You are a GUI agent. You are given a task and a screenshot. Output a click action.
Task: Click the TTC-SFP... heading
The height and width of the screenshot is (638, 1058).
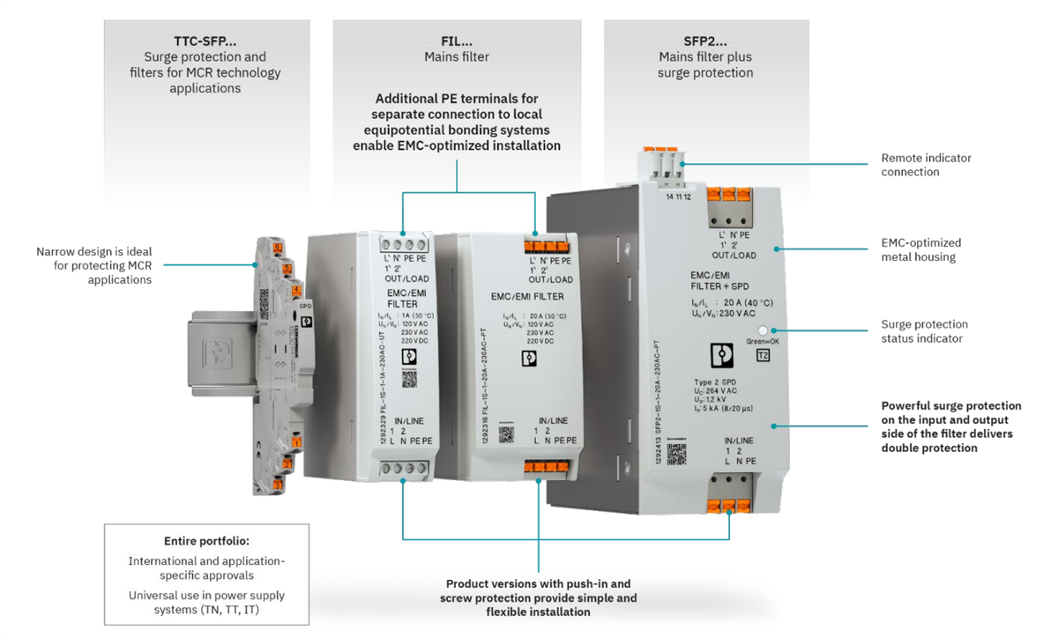[205, 41]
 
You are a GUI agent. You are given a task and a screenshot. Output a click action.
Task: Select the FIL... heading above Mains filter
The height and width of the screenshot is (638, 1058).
[456, 41]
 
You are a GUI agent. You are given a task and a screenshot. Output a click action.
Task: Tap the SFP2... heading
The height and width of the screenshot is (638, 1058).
[704, 41]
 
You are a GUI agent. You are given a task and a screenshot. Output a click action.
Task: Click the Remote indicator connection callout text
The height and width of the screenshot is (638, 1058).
[926, 165]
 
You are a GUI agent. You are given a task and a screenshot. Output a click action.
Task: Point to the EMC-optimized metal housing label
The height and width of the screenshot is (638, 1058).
[921, 249]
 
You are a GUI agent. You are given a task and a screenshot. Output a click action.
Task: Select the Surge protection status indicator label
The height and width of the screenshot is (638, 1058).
[924, 331]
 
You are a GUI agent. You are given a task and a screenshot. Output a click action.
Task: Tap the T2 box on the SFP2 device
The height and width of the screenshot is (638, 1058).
[764, 355]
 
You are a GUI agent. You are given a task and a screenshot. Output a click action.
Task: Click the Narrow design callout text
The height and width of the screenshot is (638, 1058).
[96, 264]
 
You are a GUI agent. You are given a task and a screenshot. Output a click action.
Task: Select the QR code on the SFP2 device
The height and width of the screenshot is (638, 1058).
[676, 454]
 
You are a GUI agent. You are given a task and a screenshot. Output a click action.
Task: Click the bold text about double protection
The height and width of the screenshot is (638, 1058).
[951, 427]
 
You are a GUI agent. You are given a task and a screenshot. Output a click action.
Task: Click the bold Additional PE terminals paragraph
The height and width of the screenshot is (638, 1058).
[456, 122]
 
